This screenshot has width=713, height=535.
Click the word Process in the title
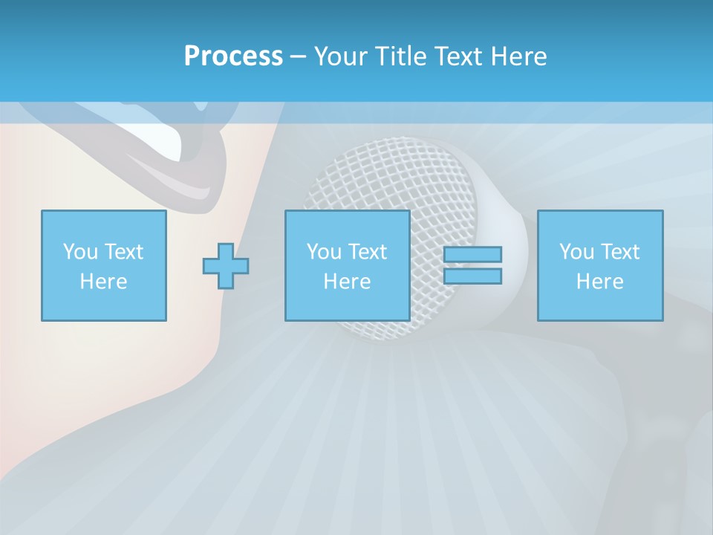pos(233,56)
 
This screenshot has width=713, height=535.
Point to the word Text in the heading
pos(458,56)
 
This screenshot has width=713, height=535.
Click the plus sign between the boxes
pos(226,266)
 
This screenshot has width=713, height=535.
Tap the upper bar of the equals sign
pos(472,254)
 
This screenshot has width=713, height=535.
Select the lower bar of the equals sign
pos(472,276)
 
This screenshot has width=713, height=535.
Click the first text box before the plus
pos(103,265)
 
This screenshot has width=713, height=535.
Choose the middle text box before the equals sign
pos(347,265)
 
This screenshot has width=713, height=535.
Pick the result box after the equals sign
pos(599,265)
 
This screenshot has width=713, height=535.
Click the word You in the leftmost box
pos(79,252)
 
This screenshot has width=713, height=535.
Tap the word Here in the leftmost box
pos(103,282)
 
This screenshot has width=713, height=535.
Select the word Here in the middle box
pos(347,282)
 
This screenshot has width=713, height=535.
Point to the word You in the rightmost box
pos(576,252)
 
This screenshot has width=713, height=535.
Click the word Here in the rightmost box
pos(599,282)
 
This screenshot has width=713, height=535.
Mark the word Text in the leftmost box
pos(124,252)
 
